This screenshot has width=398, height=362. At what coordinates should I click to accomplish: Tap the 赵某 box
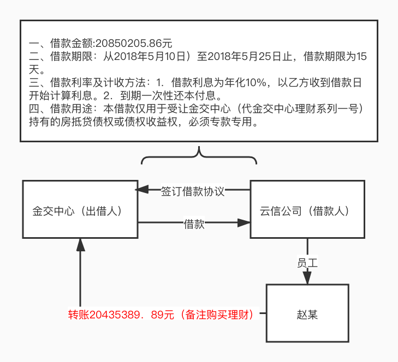[x=307, y=313]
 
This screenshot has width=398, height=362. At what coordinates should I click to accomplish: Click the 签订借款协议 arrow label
[x=193, y=192]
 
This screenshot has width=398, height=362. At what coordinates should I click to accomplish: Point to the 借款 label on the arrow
[x=194, y=224]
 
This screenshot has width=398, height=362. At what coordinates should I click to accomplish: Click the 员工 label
[x=307, y=262]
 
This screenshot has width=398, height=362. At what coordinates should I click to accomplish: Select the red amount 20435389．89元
[x=132, y=315]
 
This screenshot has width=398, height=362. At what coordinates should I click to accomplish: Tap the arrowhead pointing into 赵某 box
[x=307, y=277]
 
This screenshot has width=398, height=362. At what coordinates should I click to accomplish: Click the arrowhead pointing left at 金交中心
[x=141, y=189]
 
